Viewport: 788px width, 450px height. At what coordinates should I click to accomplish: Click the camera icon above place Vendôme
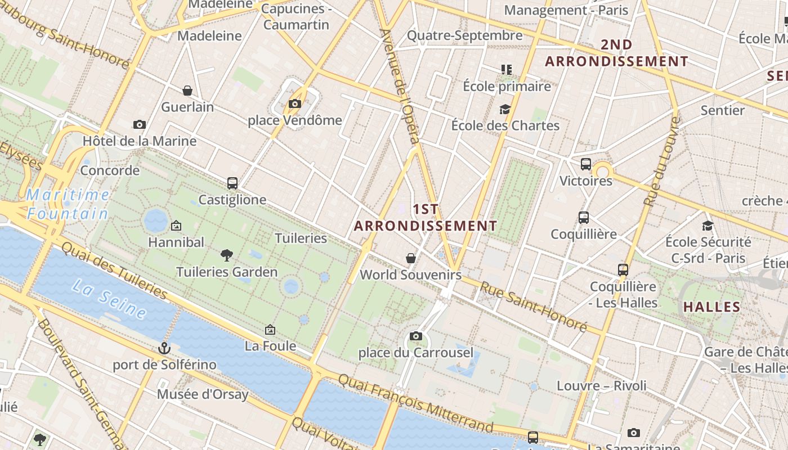coord(294,103)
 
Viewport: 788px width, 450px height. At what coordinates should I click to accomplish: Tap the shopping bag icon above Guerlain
coord(187,91)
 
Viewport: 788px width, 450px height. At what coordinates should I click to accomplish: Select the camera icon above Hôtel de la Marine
coord(140,124)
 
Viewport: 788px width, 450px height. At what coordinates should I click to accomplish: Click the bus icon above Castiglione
coord(232,183)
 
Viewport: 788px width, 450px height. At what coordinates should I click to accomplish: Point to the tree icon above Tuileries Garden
coord(227,255)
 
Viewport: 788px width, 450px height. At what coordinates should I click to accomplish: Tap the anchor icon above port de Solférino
coord(164,348)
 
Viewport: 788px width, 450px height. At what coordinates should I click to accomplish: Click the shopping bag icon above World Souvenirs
coord(411,258)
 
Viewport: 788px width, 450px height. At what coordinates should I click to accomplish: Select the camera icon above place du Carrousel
coord(416,336)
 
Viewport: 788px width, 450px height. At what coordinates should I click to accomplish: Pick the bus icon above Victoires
coord(585,164)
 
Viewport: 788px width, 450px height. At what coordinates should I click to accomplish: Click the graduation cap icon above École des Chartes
coord(505,109)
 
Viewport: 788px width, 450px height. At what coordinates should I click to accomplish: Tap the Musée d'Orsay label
coord(203,394)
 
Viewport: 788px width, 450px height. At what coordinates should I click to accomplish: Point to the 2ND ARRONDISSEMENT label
coord(616,53)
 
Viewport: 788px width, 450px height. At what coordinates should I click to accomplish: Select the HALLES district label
coord(711,307)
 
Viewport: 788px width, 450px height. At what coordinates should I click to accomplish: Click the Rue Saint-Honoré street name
coord(532,306)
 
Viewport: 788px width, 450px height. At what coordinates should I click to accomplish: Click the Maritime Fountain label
coord(68,204)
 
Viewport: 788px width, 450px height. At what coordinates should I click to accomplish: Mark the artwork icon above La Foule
coord(270,330)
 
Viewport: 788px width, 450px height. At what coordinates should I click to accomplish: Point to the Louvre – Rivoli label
coord(601,386)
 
